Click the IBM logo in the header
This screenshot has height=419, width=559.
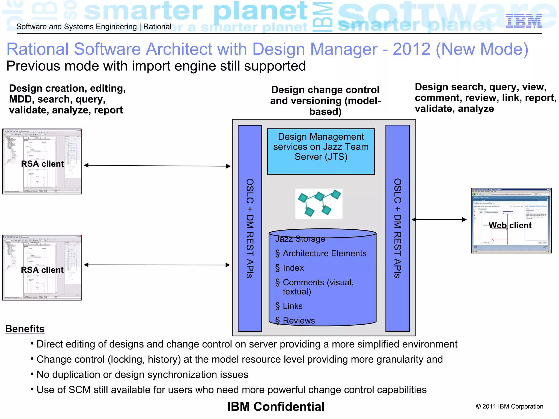pos(524,21)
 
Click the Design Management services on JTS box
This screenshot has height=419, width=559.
pos(321,151)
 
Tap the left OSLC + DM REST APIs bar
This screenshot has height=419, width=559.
pos(250,228)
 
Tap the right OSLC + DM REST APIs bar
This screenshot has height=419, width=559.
pos(397,228)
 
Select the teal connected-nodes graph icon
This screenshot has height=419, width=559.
pos(319,203)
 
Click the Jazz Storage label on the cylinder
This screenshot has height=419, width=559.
pos(300,239)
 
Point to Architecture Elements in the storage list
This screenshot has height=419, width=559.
pos(324,253)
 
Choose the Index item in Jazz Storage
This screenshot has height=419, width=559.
pos(293,268)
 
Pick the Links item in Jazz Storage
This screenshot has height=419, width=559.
pos(293,306)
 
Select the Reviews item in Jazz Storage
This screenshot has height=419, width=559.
pos(299,321)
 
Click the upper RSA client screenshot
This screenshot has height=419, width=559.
pos(42,161)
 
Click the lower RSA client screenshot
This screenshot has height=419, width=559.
pos(42,268)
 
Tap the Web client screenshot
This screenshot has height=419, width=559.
pos(511,220)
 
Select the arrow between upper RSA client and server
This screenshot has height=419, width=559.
pos(157,166)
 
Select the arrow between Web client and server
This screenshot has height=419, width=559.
pos(439,219)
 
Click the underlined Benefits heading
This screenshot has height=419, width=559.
pos(25,329)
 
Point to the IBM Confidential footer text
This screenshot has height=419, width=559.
pos(276,406)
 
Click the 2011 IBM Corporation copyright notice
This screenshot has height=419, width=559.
pos(509,406)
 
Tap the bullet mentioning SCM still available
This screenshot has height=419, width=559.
pos(231,390)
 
